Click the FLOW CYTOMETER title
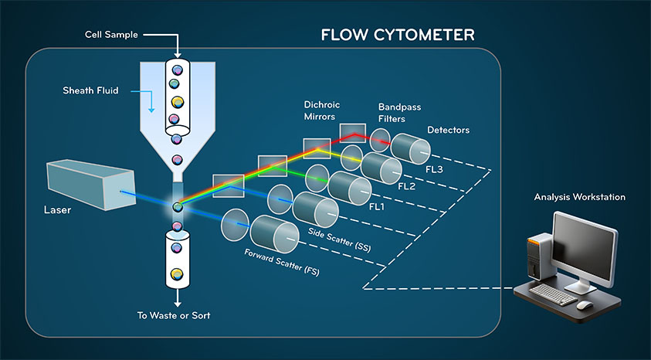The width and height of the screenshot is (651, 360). coord(398,35)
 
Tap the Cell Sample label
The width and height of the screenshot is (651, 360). coord(111,35)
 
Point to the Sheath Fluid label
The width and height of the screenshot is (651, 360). coord(90,90)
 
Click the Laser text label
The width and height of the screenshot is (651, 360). coord(57,209)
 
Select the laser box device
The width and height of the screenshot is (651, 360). coord(91,185)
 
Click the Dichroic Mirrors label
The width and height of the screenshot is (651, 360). coord(321,110)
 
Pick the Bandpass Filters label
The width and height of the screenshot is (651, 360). coord(399,113)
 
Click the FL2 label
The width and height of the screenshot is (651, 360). coord(406,186)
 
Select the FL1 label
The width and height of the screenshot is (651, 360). coord(377,206)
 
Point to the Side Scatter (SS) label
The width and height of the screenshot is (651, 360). coord(339,239)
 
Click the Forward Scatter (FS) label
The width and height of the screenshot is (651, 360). coord(282,262)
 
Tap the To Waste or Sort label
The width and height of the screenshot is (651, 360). coord(174,315)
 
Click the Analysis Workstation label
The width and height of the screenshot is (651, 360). coord(580,197)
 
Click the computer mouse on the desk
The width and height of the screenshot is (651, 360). coord(585,305)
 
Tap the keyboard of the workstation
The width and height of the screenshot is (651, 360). coord(553,294)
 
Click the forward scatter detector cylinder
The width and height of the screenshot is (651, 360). coord(274,234)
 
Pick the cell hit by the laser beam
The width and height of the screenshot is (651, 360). coord(178,206)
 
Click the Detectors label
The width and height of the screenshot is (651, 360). coord(449,130)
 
